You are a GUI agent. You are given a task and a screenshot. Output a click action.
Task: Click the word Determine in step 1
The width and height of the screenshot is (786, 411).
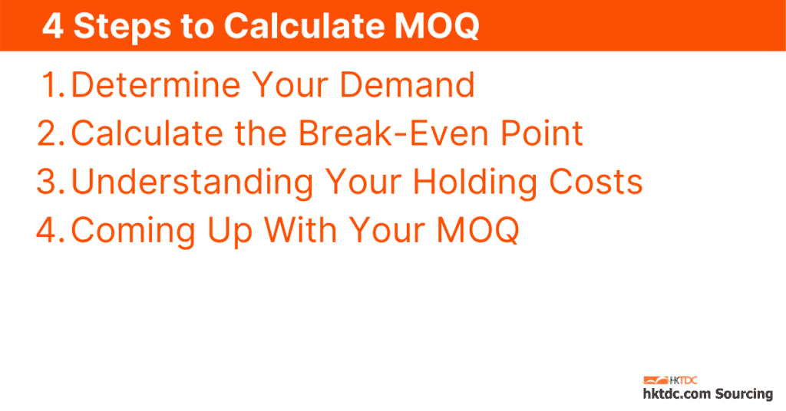(154, 85)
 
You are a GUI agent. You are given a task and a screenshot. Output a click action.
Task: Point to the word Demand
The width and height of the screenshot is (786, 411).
(407, 85)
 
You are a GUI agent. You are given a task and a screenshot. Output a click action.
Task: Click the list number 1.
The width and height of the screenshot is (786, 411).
(53, 85)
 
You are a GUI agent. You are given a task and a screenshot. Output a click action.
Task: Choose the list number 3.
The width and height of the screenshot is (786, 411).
(51, 182)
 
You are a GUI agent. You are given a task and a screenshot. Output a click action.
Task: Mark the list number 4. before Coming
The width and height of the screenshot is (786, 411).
(51, 230)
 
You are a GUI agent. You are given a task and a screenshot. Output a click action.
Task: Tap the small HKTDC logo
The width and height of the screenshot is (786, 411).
(669, 380)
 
